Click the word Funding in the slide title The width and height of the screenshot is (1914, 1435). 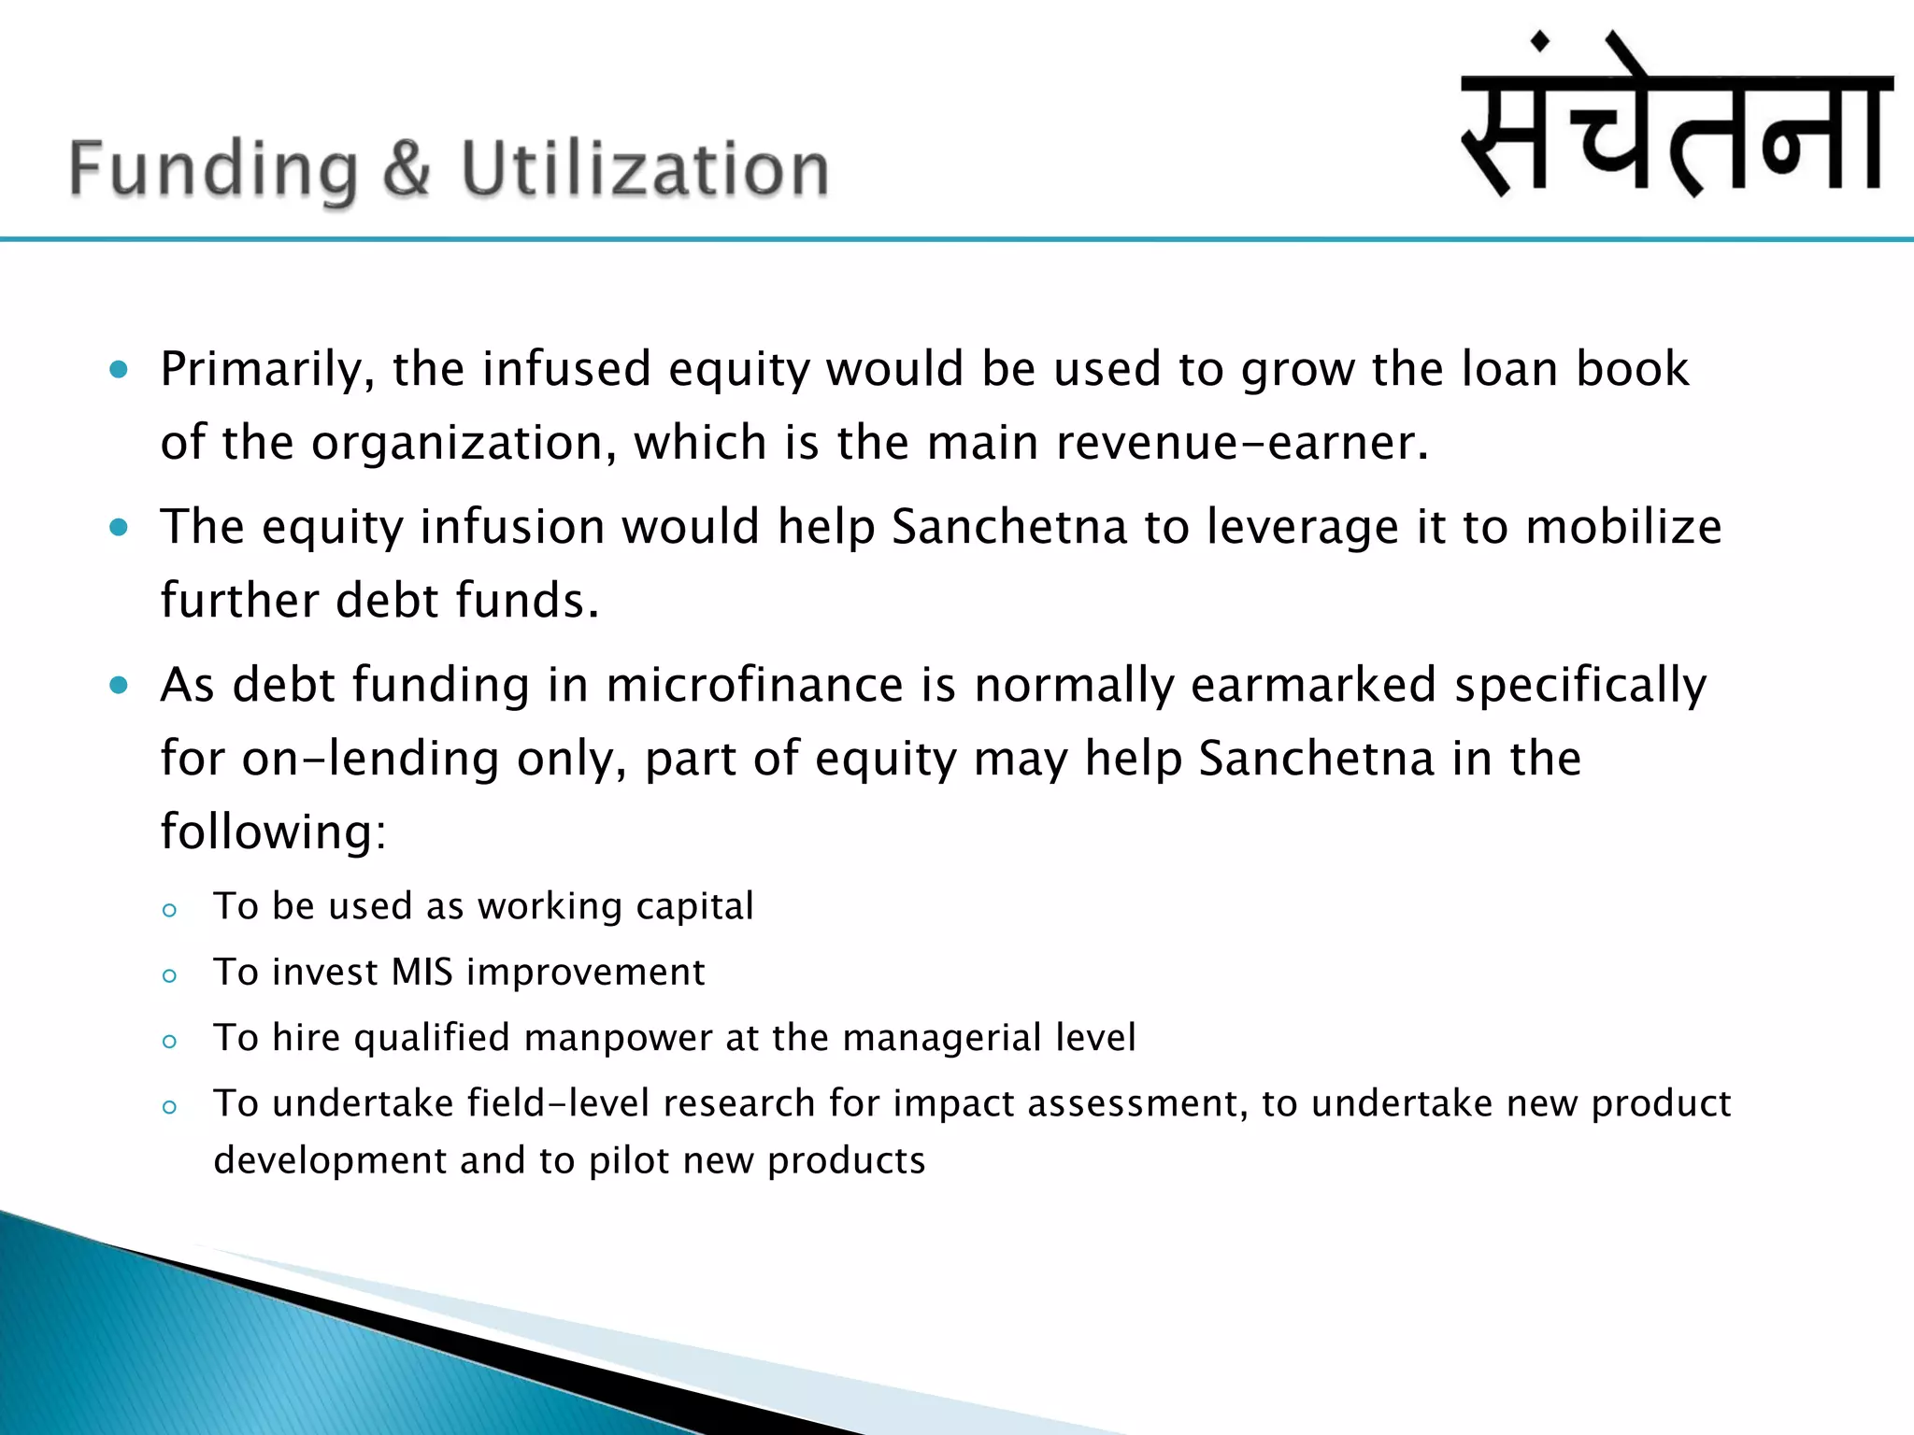point(213,169)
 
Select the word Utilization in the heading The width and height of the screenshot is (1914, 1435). point(645,169)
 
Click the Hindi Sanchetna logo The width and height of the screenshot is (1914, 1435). point(1677,117)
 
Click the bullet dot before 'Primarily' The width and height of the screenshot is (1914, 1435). point(119,370)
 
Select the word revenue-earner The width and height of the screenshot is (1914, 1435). point(1242,443)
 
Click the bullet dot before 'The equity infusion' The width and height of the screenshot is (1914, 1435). point(119,528)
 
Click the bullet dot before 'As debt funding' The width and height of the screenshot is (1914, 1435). point(119,686)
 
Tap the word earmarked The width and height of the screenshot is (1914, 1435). point(1313,686)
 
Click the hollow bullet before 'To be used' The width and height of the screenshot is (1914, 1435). point(169,910)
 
